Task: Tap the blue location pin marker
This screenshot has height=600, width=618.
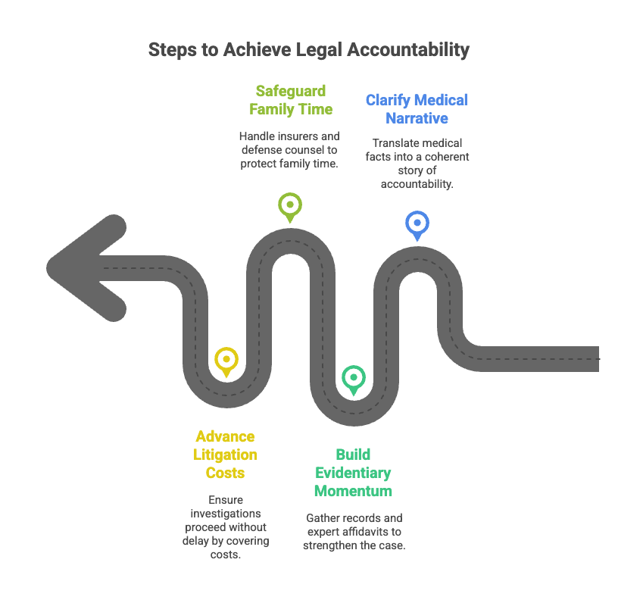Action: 416,223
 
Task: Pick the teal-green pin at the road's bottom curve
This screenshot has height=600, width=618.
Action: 353,377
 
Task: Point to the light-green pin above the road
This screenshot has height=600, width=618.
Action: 289,205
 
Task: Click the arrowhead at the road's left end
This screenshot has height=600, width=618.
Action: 83,269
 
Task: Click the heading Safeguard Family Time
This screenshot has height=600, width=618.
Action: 290,100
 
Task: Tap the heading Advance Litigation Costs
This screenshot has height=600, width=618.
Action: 225,455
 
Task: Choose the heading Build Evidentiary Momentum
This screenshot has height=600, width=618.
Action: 353,472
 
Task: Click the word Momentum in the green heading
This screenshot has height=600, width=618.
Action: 353,491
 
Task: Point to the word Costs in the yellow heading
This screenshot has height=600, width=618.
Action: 225,473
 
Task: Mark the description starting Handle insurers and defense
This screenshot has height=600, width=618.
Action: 289,149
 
